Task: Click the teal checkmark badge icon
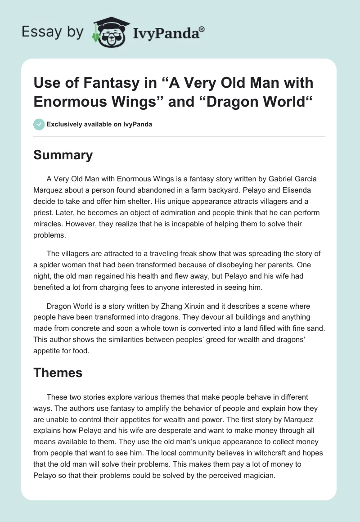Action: [x=39, y=124]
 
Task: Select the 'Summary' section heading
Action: [x=63, y=155]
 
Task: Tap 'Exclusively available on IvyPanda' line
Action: [x=99, y=124]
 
